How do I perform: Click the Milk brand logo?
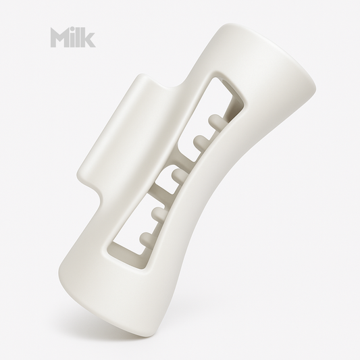[x=72, y=38]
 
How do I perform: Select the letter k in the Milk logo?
[x=88, y=38]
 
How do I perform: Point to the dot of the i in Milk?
[x=73, y=30]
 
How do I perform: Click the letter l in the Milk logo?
[x=79, y=38]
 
